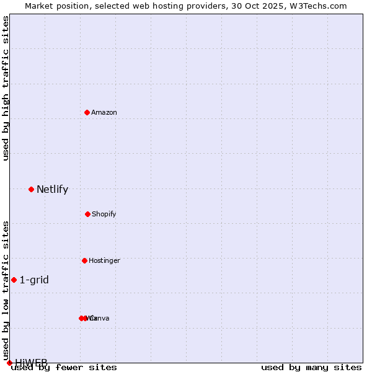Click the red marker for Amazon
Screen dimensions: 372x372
(87, 112)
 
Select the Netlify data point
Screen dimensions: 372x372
(31, 189)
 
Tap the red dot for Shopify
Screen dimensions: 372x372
(87, 214)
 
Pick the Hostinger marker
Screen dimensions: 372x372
(84, 260)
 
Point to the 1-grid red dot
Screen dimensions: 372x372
(14, 280)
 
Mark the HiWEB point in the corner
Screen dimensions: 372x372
(9, 363)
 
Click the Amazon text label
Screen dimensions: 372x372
(104, 112)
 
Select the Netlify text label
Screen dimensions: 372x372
(52, 190)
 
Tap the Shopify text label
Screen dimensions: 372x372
(104, 214)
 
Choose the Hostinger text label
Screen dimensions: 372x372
(104, 260)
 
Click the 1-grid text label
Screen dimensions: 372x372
(34, 280)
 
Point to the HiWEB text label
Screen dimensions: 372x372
(31, 362)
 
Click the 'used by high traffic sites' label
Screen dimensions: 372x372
(6, 88)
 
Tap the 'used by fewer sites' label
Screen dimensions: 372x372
(64, 368)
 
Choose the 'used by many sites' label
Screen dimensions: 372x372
(311, 368)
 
